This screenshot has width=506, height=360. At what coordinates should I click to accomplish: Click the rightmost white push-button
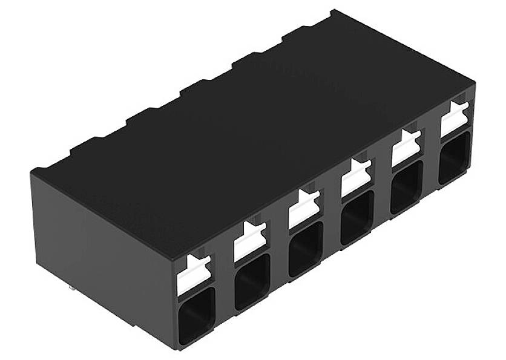455,120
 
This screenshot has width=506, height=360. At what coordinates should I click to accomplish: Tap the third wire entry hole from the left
305,247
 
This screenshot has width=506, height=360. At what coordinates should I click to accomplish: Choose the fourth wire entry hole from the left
357,217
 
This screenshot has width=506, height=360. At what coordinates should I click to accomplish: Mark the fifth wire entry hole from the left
407,186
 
